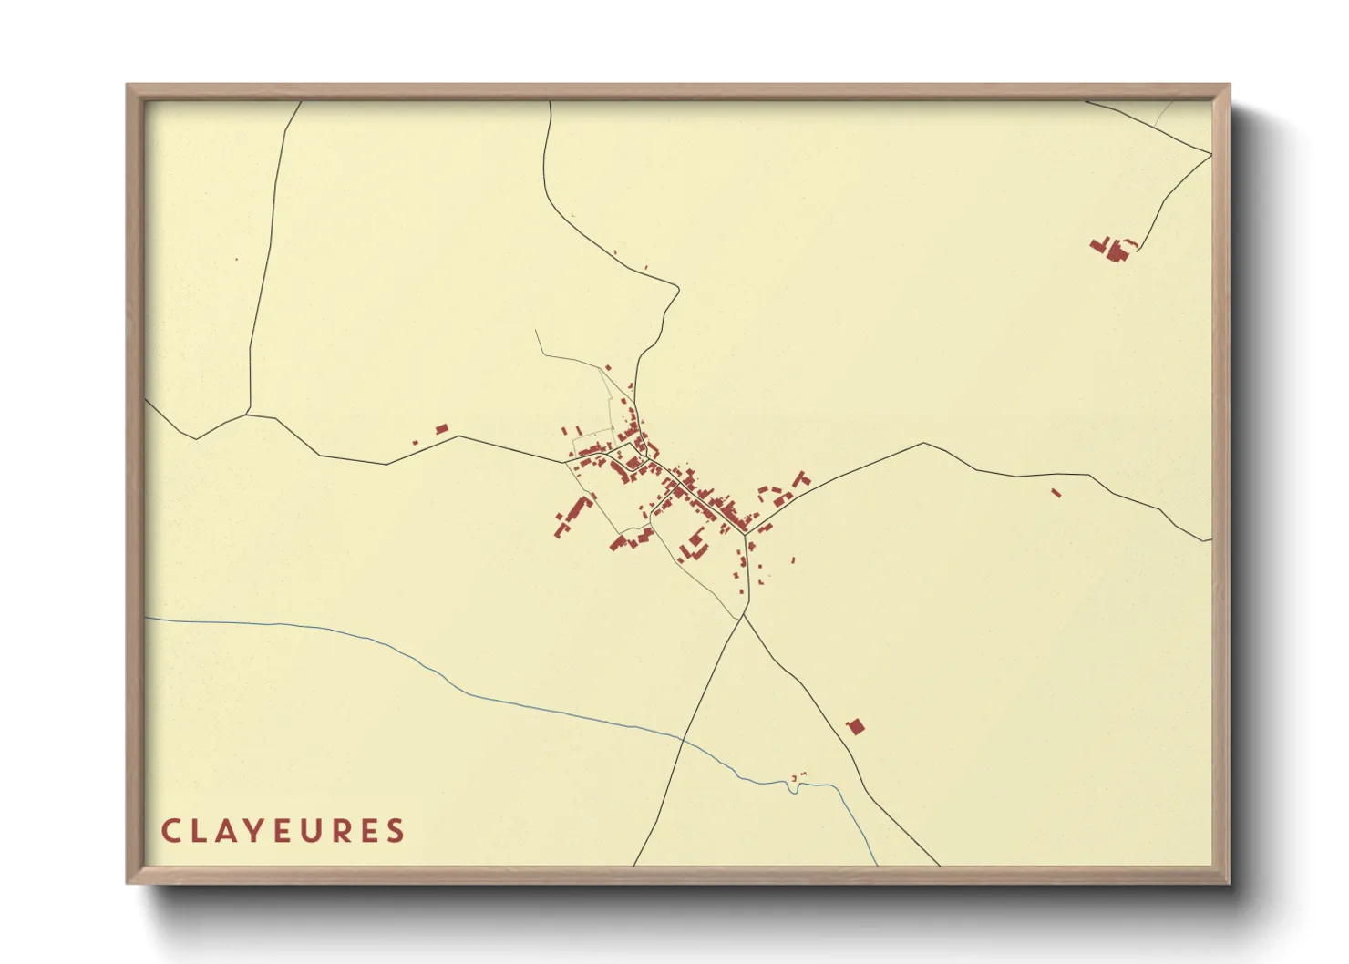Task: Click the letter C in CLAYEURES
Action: click(170, 831)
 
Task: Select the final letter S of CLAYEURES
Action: click(396, 831)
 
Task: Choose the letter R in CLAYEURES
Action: click(341, 831)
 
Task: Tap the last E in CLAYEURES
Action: click(369, 831)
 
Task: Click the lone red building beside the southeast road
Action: click(855, 726)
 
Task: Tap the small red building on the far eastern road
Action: click(1056, 493)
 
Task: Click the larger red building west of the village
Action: click(442, 428)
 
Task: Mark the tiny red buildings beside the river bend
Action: click(797, 776)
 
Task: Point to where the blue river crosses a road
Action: click(682, 739)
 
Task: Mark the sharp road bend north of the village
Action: click(678, 290)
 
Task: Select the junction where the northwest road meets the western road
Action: click(248, 415)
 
